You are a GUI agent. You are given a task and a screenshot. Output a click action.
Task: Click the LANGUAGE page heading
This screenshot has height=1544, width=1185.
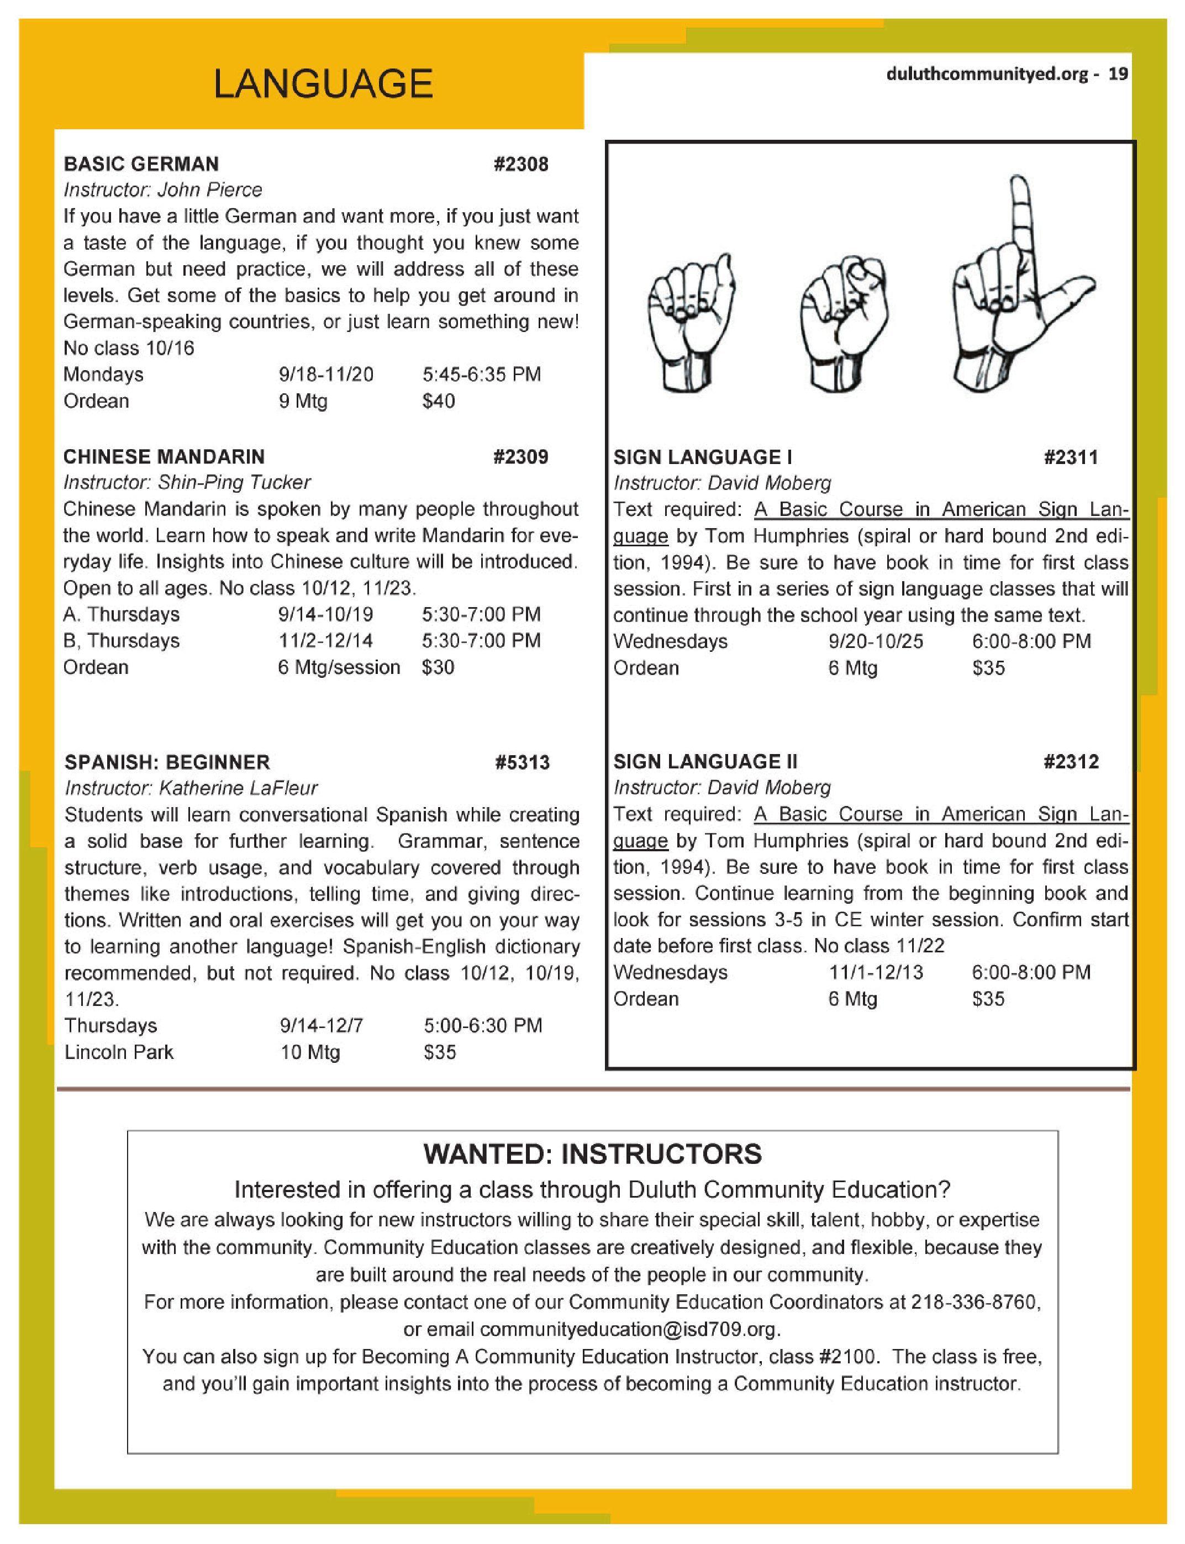pyautogui.click(x=323, y=84)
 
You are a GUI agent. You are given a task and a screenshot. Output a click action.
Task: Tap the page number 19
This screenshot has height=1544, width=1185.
pyautogui.click(x=1119, y=74)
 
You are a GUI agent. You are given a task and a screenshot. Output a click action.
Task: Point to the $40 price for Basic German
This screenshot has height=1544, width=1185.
pyautogui.click(x=438, y=402)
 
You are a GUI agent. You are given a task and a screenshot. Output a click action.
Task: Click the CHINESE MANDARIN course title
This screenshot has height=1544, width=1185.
pyautogui.click(x=164, y=457)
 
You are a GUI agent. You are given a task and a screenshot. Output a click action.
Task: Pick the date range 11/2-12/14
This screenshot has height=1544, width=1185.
pyautogui.click(x=325, y=640)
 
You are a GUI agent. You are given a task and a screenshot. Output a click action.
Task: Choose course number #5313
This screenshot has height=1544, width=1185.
pyautogui.click(x=522, y=762)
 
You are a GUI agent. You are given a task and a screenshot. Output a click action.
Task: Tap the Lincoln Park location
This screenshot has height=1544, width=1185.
pyautogui.click(x=118, y=1052)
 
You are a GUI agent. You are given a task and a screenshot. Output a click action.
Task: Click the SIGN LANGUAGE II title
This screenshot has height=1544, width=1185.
pyautogui.click(x=705, y=762)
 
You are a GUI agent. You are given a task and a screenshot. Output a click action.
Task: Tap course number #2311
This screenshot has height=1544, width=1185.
pyautogui.click(x=1071, y=457)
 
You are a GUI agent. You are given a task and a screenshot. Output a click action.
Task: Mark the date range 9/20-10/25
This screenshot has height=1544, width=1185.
pyautogui.click(x=875, y=641)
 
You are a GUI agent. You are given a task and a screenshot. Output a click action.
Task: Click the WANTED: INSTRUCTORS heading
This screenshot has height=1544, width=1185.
pyautogui.click(x=592, y=1155)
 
